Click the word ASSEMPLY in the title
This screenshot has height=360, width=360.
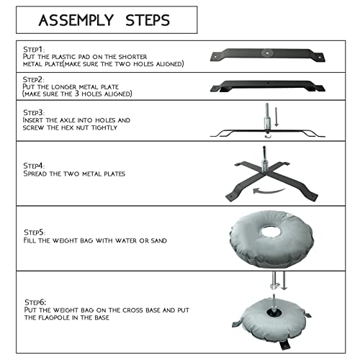click(x=76, y=20)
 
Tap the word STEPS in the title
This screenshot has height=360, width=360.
click(x=148, y=20)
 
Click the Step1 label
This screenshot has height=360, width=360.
click(x=34, y=50)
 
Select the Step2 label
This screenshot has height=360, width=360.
click(x=33, y=79)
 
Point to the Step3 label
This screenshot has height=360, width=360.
click(x=34, y=112)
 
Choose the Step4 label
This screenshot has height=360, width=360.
click(x=34, y=166)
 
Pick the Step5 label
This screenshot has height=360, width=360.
click(x=35, y=233)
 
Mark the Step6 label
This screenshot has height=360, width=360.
click(x=35, y=302)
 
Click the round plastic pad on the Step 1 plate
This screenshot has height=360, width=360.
click(x=266, y=52)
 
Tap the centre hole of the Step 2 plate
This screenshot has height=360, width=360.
click(x=268, y=84)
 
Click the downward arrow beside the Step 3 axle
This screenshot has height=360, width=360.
click(x=276, y=117)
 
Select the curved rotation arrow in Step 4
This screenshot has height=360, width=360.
click(x=269, y=192)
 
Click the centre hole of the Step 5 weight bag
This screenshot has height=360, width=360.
click(x=272, y=232)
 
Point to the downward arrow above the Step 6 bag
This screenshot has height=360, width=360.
click(x=284, y=281)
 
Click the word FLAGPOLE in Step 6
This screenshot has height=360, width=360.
click(x=55, y=318)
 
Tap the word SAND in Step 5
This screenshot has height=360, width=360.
click(x=158, y=240)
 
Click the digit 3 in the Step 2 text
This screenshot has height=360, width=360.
click(x=76, y=93)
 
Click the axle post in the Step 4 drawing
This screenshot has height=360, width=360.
click(x=264, y=159)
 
